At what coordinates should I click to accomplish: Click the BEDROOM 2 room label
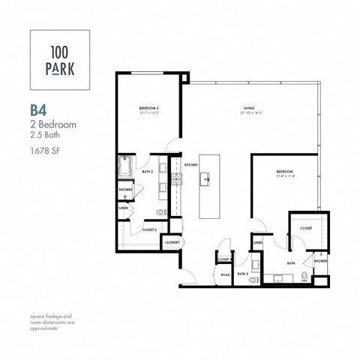pyautogui.click(x=150, y=109)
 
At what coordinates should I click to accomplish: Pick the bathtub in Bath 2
pyautogui.click(x=125, y=166)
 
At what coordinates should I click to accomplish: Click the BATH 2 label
pyautogui.click(x=148, y=172)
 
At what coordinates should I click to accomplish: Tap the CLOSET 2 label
pyautogui.click(x=149, y=230)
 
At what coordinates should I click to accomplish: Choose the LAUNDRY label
pyautogui.click(x=172, y=242)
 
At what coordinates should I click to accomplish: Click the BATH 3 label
pyautogui.click(x=242, y=274)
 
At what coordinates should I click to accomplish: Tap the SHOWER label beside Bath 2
pyautogui.click(x=125, y=190)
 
